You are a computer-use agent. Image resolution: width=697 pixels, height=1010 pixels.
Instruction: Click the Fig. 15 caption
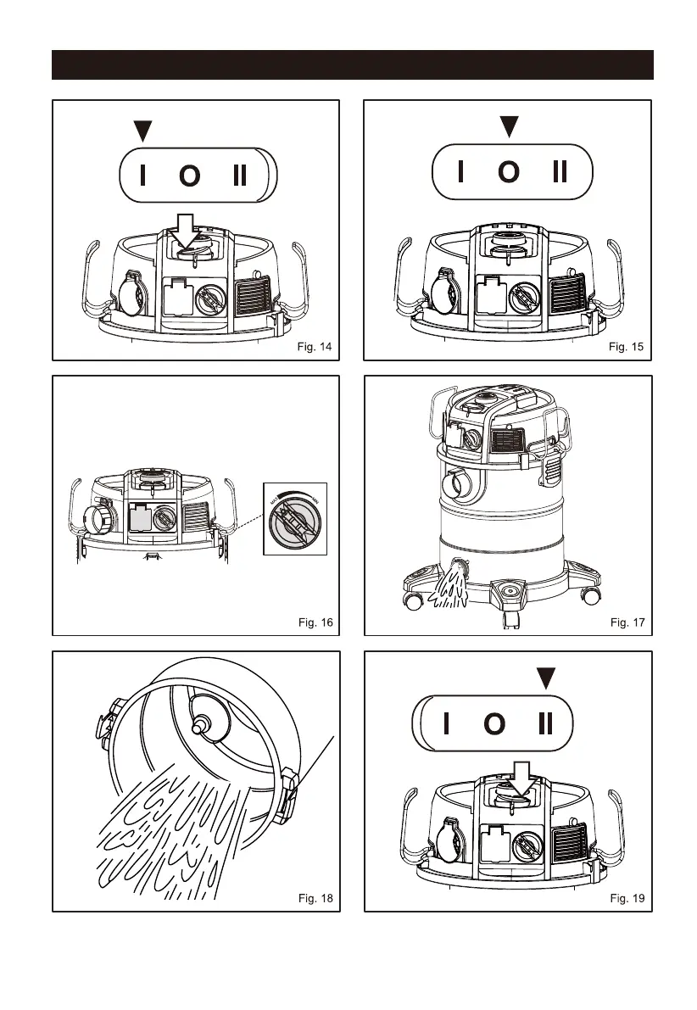(627, 347)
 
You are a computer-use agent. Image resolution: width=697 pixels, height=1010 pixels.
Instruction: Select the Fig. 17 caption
(627, 622)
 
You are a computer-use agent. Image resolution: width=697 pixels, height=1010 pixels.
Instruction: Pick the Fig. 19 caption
(627, 897)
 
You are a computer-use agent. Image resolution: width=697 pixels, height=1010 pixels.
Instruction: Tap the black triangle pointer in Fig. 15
(509, 127)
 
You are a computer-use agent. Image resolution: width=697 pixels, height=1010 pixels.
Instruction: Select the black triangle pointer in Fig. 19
(547, 678)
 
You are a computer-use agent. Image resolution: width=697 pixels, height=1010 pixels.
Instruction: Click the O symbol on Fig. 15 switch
(509, 172)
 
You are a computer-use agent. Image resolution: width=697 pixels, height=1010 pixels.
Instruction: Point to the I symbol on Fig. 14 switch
(142, 176)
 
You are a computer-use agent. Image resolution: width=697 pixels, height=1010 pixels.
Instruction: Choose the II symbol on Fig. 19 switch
(545, 723)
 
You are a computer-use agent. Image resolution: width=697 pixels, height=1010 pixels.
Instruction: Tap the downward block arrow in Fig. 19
(516, 778)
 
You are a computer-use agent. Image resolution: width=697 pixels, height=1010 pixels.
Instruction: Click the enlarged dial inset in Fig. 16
(294, 517)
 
